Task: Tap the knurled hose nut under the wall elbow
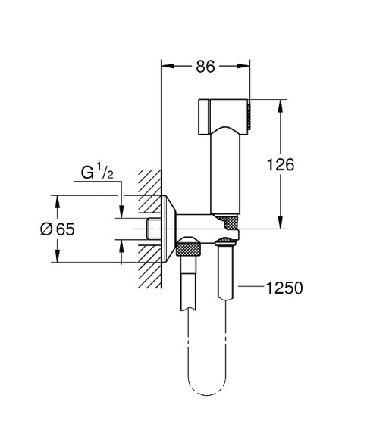(190, 247)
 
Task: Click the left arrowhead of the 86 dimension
(167, 67)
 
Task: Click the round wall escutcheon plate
(168, 229)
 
